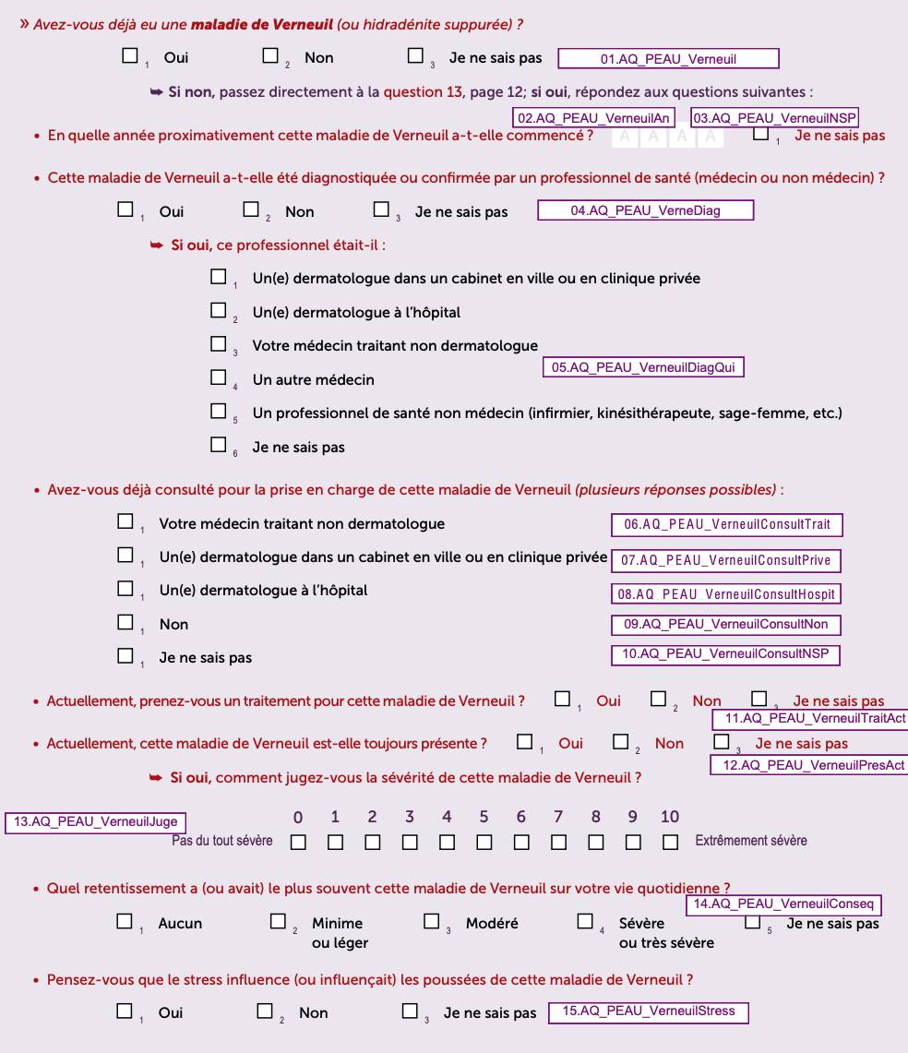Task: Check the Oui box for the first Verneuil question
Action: (130, 56)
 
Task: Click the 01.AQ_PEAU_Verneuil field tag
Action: (669, 59)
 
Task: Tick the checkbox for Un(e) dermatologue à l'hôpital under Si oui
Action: (219, 311)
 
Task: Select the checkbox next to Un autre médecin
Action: (219, 377)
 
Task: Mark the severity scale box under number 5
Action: (484, 842)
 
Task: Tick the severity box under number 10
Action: (670, 842)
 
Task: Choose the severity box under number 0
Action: (298, 842)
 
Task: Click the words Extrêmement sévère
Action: (751, 841)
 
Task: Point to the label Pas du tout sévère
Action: (222, 841)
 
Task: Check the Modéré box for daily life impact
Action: (432, 921)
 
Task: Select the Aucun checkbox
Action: (125, 921)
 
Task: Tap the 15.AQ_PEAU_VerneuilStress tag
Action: (649, 1011)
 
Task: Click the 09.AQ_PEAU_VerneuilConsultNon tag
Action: (726, 625)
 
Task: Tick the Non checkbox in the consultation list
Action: (125, 623)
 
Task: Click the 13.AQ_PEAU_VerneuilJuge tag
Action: (93, 822)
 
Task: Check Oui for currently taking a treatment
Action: (562, 700)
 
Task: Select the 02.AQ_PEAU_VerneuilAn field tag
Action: (593, 118)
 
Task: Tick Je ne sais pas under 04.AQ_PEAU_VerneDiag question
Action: (381, 210)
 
